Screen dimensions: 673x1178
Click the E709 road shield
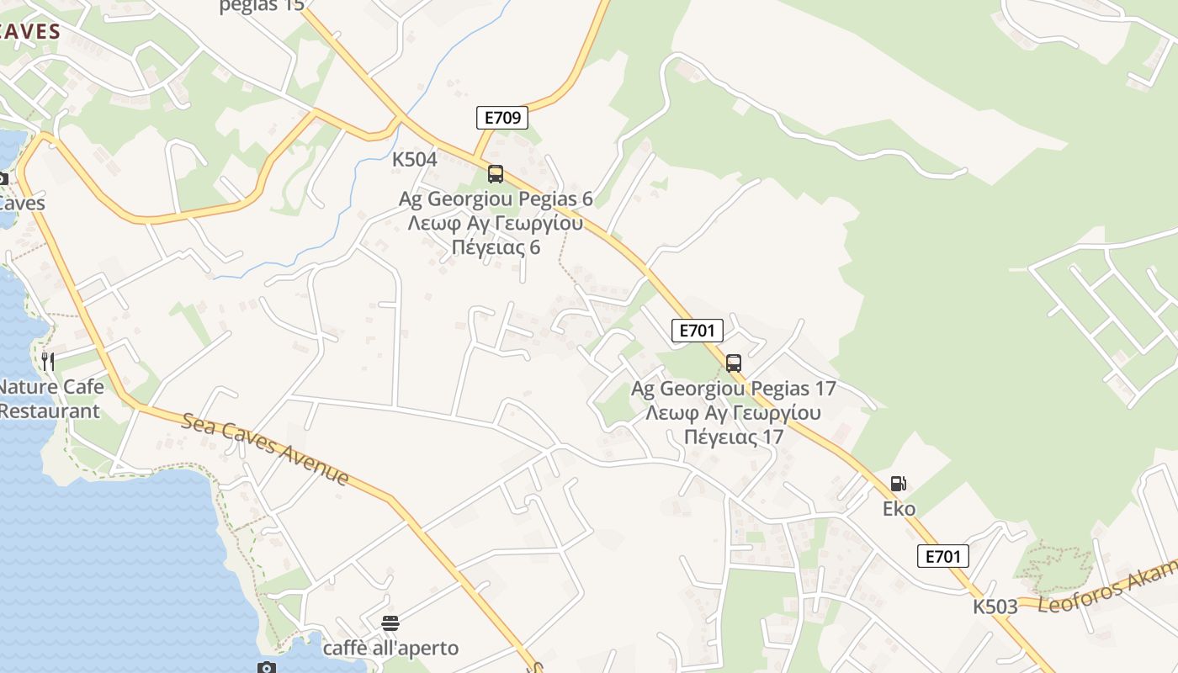502,118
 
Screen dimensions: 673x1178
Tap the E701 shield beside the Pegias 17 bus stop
698,331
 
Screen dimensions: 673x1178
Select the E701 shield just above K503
943,556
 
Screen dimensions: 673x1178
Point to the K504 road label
415,160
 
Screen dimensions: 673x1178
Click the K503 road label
995,607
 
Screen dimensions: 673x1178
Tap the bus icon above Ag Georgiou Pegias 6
496,174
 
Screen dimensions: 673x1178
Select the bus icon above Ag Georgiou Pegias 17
734,363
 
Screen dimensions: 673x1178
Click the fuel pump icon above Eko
898,484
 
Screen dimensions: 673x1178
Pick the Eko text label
899,509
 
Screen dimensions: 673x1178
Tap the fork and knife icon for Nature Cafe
48,362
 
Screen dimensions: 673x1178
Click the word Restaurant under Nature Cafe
50,411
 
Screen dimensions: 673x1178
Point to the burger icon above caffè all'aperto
390,623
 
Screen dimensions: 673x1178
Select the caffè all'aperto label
391,649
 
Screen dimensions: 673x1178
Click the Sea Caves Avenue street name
265,449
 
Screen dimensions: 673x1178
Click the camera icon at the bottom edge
267,668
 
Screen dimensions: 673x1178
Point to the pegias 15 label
261,7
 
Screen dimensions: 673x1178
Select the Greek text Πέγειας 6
496,248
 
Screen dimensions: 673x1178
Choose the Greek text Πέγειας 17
734,437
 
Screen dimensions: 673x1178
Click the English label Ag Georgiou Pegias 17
734,389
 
